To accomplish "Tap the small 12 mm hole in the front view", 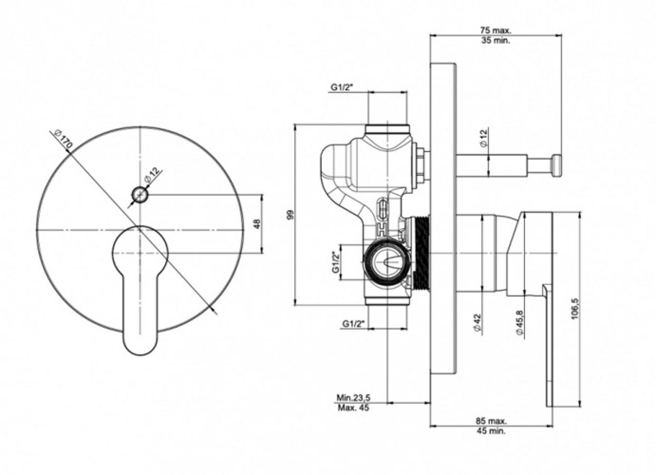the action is pyautogui.click(x=140, y=194).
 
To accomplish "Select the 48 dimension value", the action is pyautogui.click(x=257, y=224).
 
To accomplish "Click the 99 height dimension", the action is pyautogui.click(x=290, y=215).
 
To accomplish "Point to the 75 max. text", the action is pyautogui.click(x=495, y=30).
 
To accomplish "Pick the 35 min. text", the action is pyautogui.click(x=496, y=41).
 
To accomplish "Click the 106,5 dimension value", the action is pyautogui.click(x=575, y=309).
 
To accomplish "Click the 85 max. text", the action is pyautogui.click(x=491, y=421).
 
